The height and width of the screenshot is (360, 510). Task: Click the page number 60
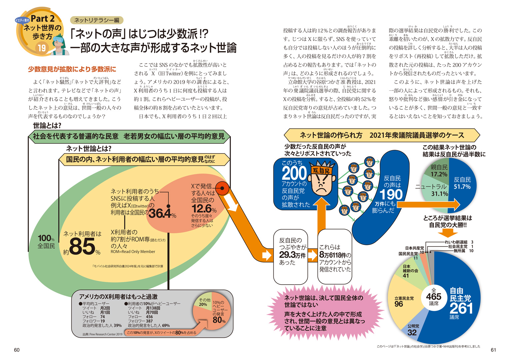(x=17, y=350)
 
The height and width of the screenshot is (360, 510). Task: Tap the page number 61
(x=493, y=350)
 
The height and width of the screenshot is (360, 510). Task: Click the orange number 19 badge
(x=42, y=48)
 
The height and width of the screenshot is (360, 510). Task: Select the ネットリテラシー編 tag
(x=97, y=20)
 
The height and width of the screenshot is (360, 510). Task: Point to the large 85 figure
(x=82, y=247)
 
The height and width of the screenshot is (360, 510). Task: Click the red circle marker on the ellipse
(x=222, y=189)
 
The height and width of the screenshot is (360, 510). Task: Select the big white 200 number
(x=294, y=173)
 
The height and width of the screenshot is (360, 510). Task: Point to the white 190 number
(x=391, y=194)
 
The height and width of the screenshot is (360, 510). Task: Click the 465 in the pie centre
(x=434, y=296)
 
